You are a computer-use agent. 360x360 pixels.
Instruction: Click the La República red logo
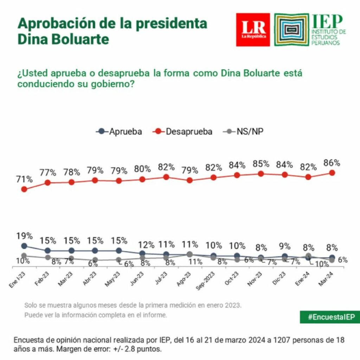click(253, 30)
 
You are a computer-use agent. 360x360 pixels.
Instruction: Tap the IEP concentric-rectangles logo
click(291, 30)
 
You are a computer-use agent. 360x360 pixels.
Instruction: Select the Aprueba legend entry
click(119, 132)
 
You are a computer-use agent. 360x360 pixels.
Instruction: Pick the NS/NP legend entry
click(244, 132)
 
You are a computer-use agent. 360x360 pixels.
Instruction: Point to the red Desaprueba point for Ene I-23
click(24, 189)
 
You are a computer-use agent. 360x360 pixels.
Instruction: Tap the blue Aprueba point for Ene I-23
click(24, 246)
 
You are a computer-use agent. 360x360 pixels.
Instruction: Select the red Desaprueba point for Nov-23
click(261, 174)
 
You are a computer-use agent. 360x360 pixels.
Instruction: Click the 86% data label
click(332, 163)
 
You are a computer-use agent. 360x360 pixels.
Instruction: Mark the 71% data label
click(25, 179)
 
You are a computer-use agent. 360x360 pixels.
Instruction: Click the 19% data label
click(24, 236)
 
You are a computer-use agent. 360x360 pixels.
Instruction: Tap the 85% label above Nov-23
click(261, 164)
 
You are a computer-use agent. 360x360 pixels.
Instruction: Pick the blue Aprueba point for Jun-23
click(142, 253)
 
